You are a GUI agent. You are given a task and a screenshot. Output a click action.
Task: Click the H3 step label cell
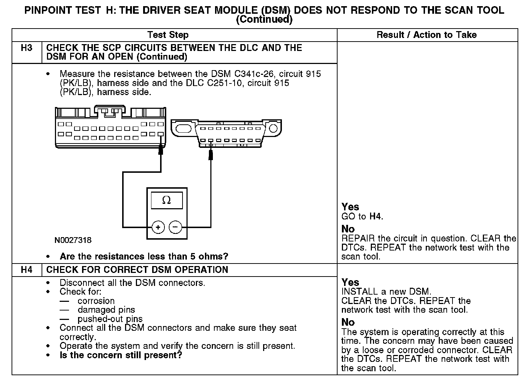click(x=27, y=48)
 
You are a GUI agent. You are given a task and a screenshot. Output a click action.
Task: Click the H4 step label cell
click(x=27, y=270)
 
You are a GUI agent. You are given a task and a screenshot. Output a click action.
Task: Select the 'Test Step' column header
click(x=168, y=35)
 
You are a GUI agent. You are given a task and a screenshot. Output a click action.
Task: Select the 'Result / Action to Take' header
click(x=426, y=35)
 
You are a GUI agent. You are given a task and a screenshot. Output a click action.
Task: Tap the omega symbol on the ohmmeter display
click(x=167, y=200)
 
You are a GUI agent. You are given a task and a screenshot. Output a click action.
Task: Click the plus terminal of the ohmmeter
click(x=158, y=227)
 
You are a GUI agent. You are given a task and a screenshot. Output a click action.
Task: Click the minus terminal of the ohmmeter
click(x=175, y=227)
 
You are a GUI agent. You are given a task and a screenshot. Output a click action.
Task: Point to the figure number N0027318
click(x=73, y=240)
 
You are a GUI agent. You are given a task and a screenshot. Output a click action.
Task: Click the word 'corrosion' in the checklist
click(x=96, y=301)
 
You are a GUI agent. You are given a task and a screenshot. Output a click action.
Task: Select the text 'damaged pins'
click(x=106, y=310)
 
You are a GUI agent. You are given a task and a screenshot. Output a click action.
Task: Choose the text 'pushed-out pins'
click(x=110, y=319)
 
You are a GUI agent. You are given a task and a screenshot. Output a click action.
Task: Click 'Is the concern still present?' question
click(x=121, y=355)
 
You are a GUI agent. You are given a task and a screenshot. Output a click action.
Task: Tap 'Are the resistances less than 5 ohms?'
click(x=144, y=257)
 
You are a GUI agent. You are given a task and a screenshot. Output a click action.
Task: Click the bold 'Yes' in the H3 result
click(x=350, y=207)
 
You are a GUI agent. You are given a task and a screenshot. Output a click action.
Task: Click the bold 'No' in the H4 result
click(x=348, y=322)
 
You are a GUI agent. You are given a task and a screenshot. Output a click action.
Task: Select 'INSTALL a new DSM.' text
click(x=386, y=291)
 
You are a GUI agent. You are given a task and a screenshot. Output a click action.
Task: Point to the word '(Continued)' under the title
click(x=264, y=20)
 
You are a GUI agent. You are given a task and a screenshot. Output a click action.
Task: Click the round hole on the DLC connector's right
click(x=273, y=128)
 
